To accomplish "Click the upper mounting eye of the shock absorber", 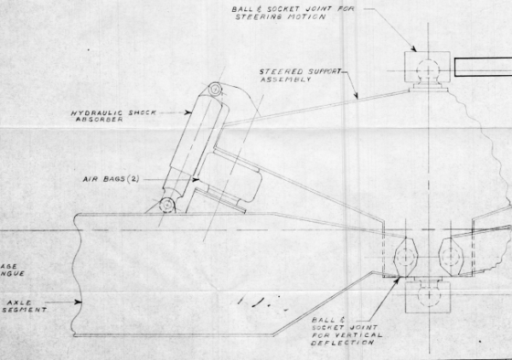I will click(215, 89).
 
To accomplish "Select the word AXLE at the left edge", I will click(16, 298).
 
